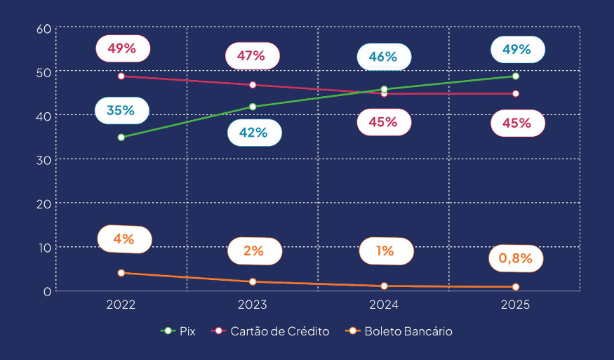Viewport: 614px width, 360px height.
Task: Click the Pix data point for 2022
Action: pos(121,137)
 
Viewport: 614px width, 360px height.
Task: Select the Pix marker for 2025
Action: pos(516,76)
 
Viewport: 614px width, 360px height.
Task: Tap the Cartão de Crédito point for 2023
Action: pos(253,85)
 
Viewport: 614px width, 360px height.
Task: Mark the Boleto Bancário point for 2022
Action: pos(121,273)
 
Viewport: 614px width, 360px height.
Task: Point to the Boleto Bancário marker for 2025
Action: pos(516,287)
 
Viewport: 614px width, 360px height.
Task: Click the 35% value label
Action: pos(121,110)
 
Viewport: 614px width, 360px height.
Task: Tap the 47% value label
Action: pos(251,56)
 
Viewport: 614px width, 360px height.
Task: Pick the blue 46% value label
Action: pos(383,57)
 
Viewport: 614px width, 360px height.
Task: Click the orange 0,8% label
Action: pos(516,258)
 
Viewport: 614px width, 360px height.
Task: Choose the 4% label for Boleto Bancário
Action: pos(124,239)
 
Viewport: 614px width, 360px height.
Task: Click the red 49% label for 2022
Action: pos(122,48)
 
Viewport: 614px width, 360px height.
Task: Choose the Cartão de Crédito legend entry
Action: pos(270,331)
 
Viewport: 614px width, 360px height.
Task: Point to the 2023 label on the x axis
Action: pos(253,305)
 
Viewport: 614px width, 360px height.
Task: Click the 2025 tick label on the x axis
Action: pos(516,305)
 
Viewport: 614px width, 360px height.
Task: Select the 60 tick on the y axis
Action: pos(44,29)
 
